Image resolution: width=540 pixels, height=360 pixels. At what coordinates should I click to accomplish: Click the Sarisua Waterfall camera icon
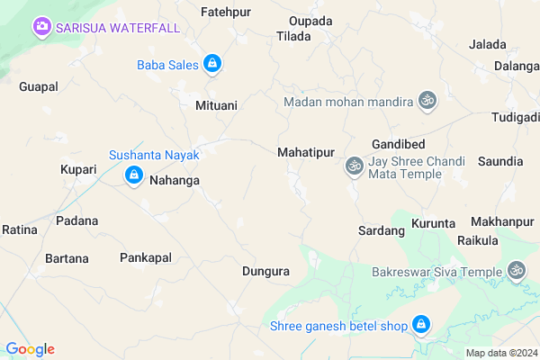pyautogui.click(x=41, y=27)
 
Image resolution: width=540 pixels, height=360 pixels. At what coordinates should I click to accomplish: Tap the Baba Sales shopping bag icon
pyautogui.click(x=212, y=64)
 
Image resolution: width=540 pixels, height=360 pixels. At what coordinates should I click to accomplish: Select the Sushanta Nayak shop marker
pyautogui.click(x=133, y=174)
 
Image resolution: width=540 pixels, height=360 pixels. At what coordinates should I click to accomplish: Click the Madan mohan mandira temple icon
pyautogui.click(x=427, y=102)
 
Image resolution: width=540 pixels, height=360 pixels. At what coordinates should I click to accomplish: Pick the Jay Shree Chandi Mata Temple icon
pyautogui.click(x=353, y=166)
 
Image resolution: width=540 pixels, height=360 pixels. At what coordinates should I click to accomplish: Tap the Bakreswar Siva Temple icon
pyautogui.click(x=517, y=270)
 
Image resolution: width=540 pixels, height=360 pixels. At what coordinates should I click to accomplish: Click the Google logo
pyautogui.click(x=30, y=349)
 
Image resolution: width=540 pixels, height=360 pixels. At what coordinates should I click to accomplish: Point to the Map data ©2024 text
pyautogui.click(x=500, y=352)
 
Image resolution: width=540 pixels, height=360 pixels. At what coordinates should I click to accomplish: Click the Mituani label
pyautogui.click(x=216, y=106)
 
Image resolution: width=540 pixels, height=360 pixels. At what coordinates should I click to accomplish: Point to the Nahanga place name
pyautogui.click(x=174, y=180)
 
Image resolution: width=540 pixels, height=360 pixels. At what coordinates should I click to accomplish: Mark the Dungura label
pyautogui.click(x=266, y=270)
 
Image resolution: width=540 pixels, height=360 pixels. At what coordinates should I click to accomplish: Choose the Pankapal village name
pyautogui.click(x=145, y=257)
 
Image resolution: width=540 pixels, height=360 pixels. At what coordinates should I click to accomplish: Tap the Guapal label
pyautogui.click(x=38, y=86)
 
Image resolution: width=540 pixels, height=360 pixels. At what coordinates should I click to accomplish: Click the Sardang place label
pyautogui.click(x=381, y=230)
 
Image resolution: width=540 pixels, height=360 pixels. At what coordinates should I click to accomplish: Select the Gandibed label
pyautogui.click(x=398, y=145)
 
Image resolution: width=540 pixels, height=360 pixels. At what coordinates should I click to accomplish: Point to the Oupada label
pyautogui.click(x=310, y=21)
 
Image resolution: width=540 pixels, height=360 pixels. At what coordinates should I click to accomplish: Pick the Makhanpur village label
pyautogui.click(x=502, y=221)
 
